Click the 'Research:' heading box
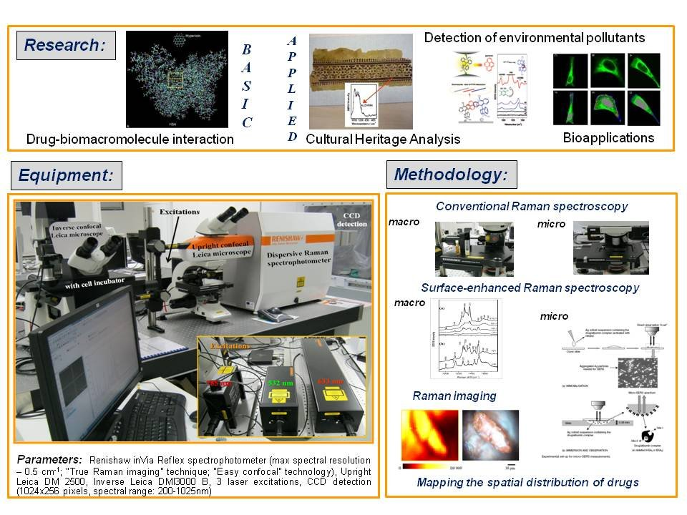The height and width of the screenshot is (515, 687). pyautogui.click(x=65, y=46)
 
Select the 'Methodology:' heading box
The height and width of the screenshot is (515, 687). pyautogui.click(x=451, y=175)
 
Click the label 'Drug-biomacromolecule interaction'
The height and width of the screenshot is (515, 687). pyautogui.click(x=130, y=139)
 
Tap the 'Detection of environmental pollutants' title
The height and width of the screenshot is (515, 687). pyautogui.click(x=535, y=37)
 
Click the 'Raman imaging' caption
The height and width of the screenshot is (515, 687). pyautogui.click(x=445, y=395)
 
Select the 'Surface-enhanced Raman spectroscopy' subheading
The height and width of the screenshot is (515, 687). pyautogui.click(x=530, y=288)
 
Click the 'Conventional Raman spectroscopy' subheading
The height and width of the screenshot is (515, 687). pyautogui.click(x=531, y=206)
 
